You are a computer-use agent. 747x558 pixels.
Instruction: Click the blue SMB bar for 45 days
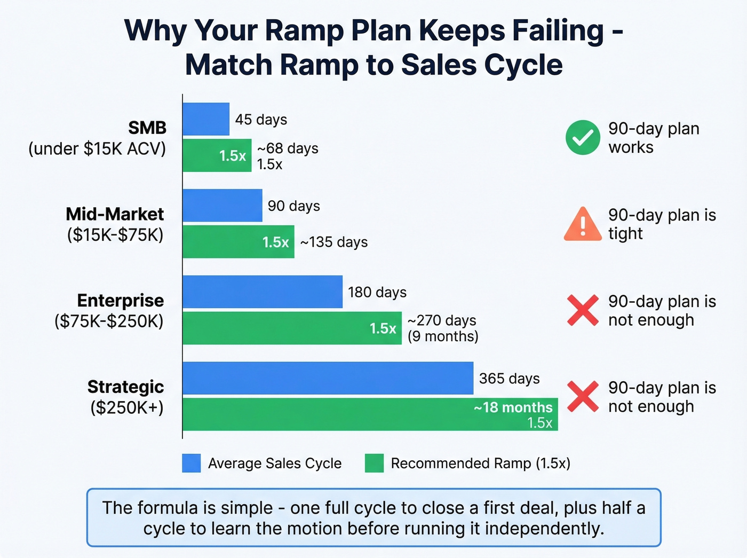click(x=206, y=119)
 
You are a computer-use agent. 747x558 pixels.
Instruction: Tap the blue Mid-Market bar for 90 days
click(x=222, y=206)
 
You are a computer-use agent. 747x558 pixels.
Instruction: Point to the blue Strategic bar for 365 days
click(x=328, y=378)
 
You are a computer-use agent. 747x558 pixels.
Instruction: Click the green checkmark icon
click(x=583, y=138)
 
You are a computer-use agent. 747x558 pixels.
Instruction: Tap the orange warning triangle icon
click(x=583, y=225)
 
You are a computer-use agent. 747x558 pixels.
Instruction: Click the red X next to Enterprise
click(x=583, y=310)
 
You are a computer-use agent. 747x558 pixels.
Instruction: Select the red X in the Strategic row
click(x=583, y=397)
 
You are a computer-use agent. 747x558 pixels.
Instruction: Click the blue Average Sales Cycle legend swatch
click(x=192, y=463)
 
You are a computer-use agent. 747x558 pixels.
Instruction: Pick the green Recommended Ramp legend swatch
click(x=374, y=463)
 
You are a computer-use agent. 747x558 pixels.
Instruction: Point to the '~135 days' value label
click(x=334, y=242)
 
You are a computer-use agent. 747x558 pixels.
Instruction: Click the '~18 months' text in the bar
click(x=513, y=407)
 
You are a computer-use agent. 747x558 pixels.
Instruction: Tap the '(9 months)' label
click(x=443, y=336)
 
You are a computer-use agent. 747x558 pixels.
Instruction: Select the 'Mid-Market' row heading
click(x=115, y=214)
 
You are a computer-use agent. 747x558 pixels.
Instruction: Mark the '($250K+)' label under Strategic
click(x=127, y=407)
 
